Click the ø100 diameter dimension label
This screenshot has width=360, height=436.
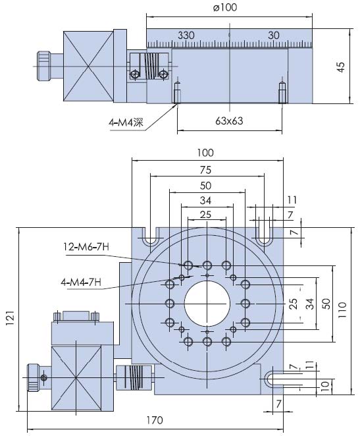[x=225, y=7]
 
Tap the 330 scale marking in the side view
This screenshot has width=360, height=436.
[x=186, y=36]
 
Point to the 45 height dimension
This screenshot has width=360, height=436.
[x=342, y=67]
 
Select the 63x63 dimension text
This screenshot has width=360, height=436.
[x=229, y=121]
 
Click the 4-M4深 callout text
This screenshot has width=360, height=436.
[x=126, y=123]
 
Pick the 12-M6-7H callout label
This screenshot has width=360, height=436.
[x=86, y=246]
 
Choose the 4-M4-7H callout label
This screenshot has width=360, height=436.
[x=81, y=283]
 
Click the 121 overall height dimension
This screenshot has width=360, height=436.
[x=9, y=318]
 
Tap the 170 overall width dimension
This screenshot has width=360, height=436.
[x=155, y=420]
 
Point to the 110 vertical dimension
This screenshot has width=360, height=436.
[x=342, y=310]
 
